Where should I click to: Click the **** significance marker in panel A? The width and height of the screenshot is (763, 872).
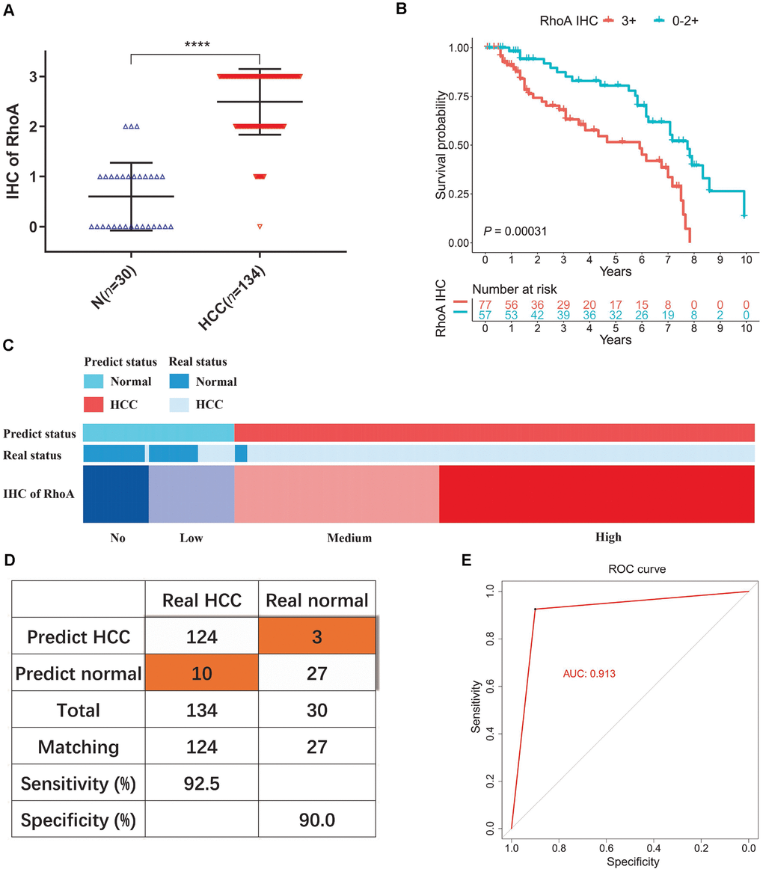[x=197, y=45]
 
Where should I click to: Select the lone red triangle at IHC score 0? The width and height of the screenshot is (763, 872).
[x=260, y=226]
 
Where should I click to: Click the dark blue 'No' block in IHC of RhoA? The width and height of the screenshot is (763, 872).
[x=115, y=493]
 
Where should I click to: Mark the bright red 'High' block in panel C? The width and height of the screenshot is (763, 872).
[x=596, y=493]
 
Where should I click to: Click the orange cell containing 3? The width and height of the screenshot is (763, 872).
[x=316, y=637]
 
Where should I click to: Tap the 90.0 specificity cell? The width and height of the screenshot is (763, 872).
[x=316, y=820]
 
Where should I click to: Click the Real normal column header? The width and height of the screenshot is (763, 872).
[x=316, y=600]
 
